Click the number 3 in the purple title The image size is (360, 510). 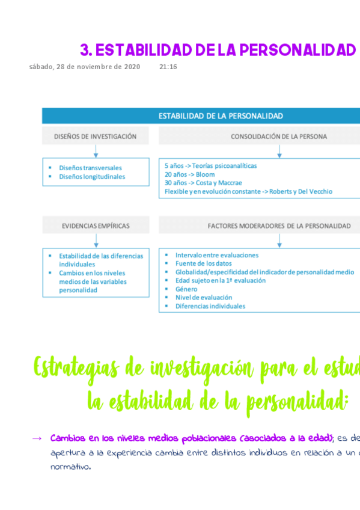[x=85, y=50]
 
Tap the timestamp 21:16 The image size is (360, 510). [x=168, y=67]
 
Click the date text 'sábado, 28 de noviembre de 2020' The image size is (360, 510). [x=85, y=67]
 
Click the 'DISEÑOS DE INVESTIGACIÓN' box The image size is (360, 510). [x=96, y=137]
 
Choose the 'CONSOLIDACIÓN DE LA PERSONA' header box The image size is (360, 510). [x=278, y=137]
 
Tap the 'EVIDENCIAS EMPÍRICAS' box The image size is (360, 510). [x=96, y=226]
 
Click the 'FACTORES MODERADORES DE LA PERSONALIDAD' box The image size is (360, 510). [x=278, y=226]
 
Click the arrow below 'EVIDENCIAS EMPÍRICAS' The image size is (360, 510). [x=96, y=241]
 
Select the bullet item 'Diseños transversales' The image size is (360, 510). [x=90, y=168]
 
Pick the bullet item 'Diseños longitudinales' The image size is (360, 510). [x=92, y=177]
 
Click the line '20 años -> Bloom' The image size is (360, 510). [x=189, y=174]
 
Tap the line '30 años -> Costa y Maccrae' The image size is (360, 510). [x=203, y=183]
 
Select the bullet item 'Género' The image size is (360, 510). [x=186, y=289]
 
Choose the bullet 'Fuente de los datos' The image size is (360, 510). [x=203, y=263]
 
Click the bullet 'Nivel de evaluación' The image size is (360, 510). [x=203, y=298]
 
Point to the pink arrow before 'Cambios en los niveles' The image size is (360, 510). [x=36, y=438]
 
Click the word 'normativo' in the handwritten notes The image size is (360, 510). [x=70, y=466]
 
